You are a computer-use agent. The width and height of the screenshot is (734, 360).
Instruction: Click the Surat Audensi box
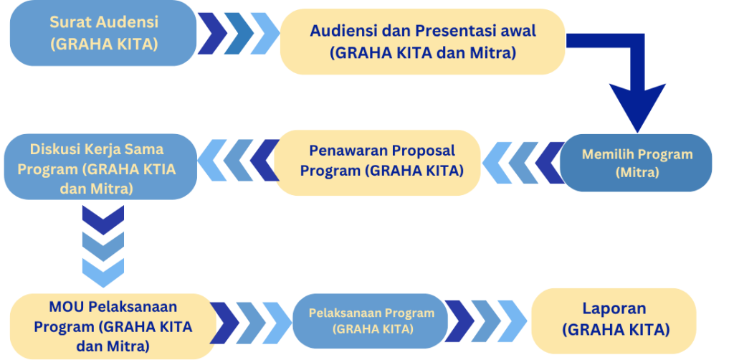tap(103, 33)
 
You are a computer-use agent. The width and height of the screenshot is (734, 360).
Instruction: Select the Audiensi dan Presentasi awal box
tap(423, 42)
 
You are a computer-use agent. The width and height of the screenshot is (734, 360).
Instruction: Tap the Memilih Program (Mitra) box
tap(636, 163)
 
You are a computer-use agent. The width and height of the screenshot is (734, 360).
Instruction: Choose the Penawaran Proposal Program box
tap(377, 163)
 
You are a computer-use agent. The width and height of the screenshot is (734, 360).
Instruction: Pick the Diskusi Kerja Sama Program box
tap(100, 167)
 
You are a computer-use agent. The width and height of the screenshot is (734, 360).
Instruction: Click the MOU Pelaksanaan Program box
tap(113, 326)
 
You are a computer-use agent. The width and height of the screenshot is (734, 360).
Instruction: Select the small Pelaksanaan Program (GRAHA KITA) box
tap(371, 321)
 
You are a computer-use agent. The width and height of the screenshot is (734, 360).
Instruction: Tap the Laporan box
tap(614, 321)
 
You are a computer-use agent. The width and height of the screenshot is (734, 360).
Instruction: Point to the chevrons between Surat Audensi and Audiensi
tap(239, 34)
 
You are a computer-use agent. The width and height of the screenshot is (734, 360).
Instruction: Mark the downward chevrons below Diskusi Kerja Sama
tap(103, 246)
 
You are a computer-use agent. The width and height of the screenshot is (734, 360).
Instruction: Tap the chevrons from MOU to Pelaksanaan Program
tap(251, 323)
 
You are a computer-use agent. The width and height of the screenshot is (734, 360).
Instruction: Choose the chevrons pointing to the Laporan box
tap(486, 321)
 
